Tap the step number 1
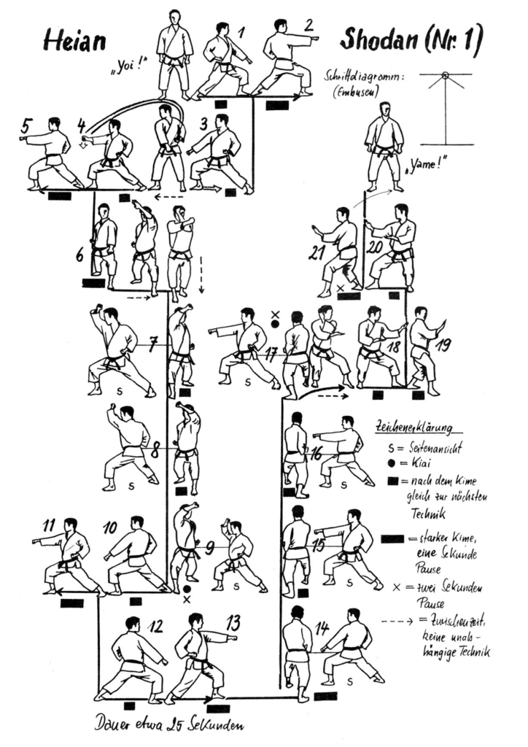tap(241, 30)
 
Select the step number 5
tap(26, 128)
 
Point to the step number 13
tap(233, 623)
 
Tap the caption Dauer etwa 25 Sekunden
tap(168, 725)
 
